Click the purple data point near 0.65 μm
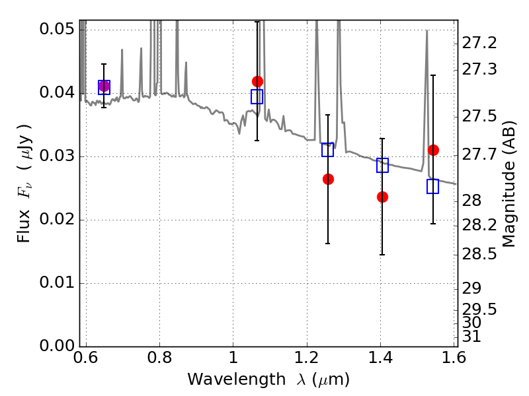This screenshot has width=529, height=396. tap(104, 86)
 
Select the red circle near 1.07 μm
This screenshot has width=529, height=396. tap(257, 81)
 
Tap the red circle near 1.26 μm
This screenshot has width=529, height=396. tap(328, 179)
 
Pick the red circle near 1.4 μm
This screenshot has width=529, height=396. tap(382, 197)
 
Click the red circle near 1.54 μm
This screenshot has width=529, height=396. tap(433, 150)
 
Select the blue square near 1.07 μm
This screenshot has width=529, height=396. tap(257, 96)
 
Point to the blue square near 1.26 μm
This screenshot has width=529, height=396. tap(328, 150)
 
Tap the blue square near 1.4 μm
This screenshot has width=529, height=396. tap(382, 166)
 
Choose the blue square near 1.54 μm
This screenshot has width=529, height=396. tap(433, 186)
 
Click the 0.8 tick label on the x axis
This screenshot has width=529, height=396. tap(159, 358)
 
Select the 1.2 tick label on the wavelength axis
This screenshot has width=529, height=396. tap(307, 358)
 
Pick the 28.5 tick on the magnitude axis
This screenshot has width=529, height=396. tap(480, 253)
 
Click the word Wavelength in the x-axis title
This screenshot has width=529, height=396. tap(225, 379)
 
